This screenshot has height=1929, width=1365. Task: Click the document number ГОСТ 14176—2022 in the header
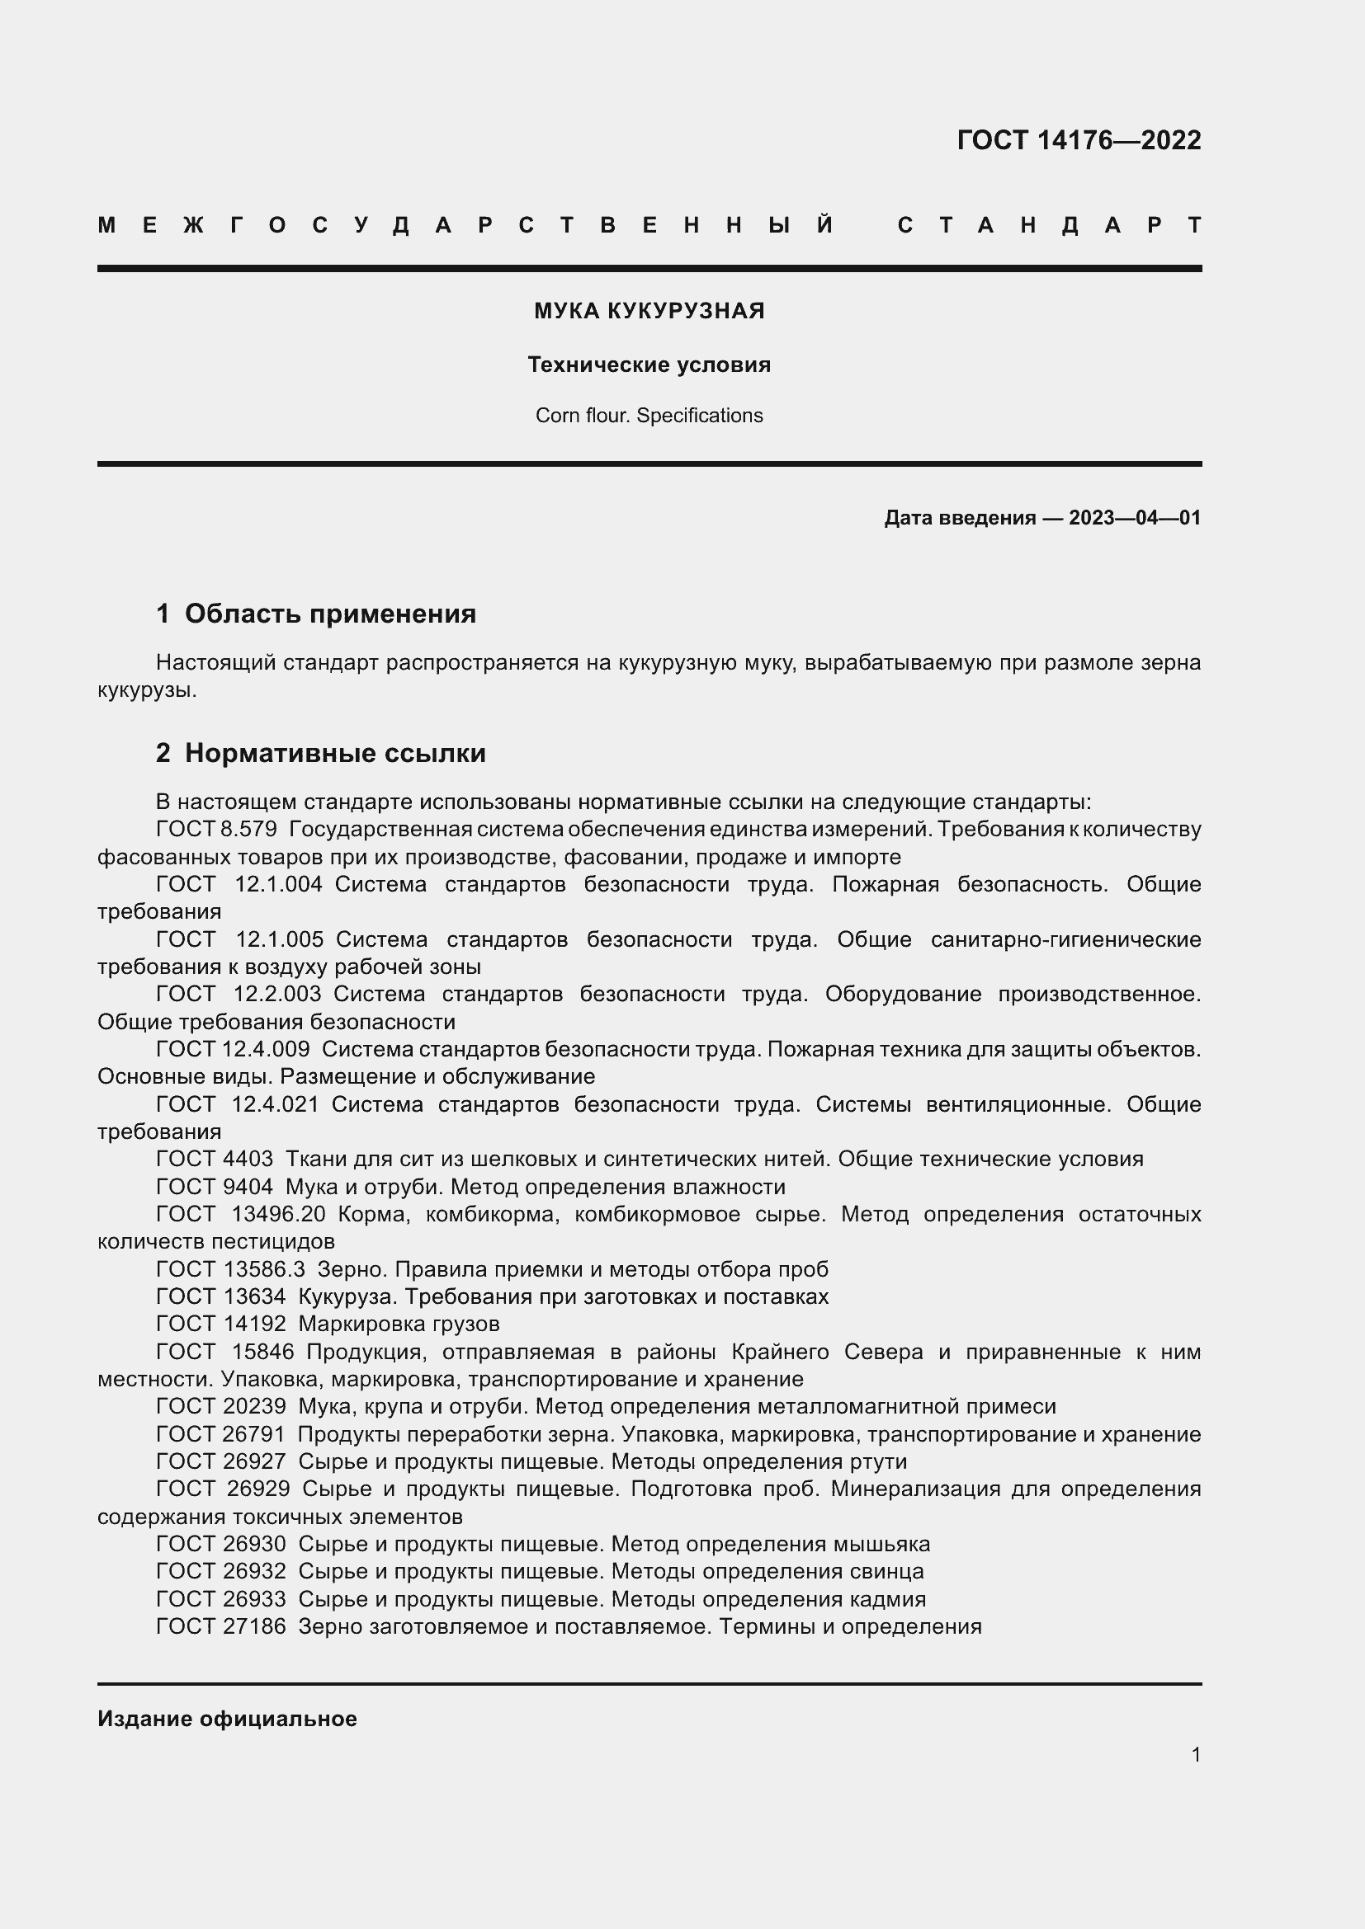[1079, 139]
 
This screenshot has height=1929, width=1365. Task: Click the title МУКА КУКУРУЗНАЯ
[649, 311]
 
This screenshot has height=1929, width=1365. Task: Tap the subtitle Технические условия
[649, 365]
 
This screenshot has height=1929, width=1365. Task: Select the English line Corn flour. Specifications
[649, 416]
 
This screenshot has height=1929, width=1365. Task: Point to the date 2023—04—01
[1134, 518]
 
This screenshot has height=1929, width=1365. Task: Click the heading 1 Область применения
[316, 614]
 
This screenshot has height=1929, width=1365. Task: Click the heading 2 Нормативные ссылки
[321, 753]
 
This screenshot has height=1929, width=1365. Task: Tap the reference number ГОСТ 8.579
[217, 829]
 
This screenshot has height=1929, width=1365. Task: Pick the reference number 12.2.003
[277, 994]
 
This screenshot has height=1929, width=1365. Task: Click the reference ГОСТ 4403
[215, 1159]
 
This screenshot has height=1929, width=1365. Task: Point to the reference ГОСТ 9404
[215, 1186]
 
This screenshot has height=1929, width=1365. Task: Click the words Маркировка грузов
[399, 1324]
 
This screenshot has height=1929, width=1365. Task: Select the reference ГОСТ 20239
[221, 1406]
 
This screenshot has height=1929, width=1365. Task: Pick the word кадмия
[886, 1599]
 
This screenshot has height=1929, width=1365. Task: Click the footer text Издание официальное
[227, 1719]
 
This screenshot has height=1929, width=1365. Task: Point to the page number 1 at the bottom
[1195, 1754]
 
